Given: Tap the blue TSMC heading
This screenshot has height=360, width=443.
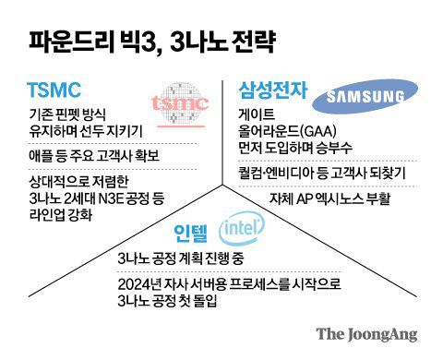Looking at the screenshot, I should pyautogui.click(x=54, y=90).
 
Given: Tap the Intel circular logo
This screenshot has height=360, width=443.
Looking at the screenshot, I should pyautogui.click(x=235, y=228).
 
